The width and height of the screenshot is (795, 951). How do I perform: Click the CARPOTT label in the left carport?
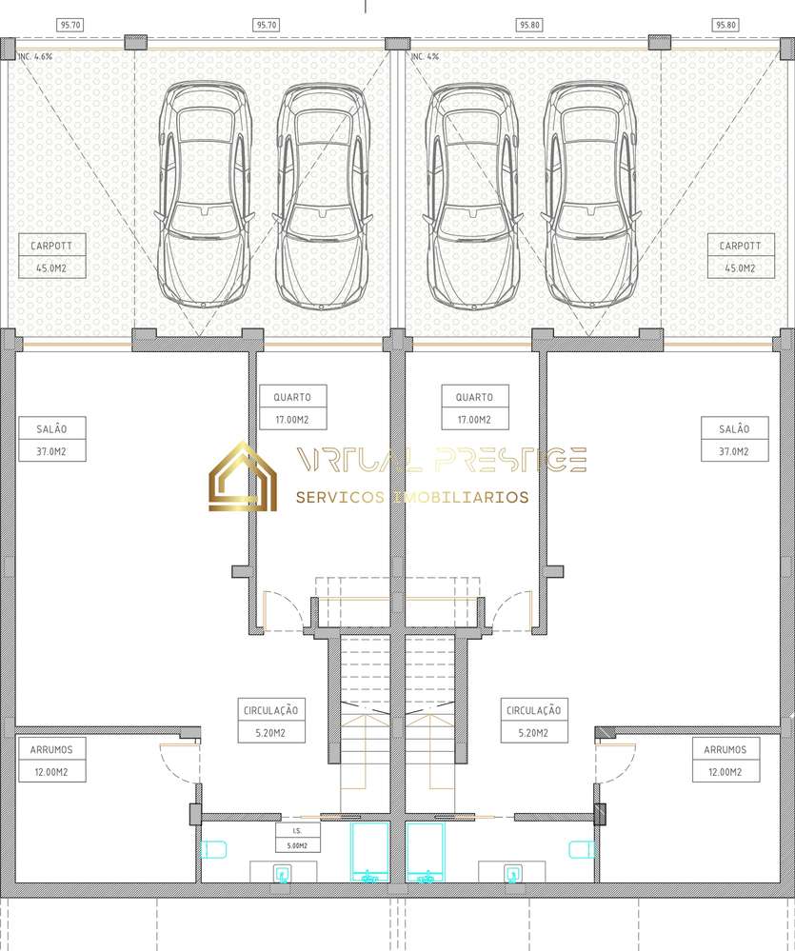(x=51, y=246)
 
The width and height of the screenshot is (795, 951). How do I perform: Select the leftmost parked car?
(x=205, y=195)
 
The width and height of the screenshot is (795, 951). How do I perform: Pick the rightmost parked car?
(x=590, y=195)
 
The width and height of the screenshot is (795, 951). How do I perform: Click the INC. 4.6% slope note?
(x=36, y=57)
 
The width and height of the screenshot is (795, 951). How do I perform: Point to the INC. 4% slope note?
(x=426, y=57)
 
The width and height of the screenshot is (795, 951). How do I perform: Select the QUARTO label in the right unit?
(x=474, y=397)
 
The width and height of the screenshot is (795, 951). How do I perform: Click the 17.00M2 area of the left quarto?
(x=292, y=420)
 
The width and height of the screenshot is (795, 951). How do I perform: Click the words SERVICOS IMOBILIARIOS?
(x=412, y=497)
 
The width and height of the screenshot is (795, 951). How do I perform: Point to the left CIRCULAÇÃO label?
(x=270, y=710)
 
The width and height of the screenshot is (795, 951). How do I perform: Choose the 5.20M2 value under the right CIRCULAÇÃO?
(x=534, y=733)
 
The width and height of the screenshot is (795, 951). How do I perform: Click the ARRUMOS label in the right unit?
(x=726, y=749)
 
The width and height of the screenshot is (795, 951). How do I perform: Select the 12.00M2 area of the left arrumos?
(x=51, y=772)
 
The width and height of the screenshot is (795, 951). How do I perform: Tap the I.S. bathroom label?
(x=298, y=831)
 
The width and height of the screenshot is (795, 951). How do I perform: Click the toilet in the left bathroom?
(x=214, y=848)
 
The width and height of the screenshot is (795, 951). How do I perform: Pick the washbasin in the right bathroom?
(x=512, y=871)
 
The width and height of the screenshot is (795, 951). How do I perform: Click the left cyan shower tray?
(x=368, y=850)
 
